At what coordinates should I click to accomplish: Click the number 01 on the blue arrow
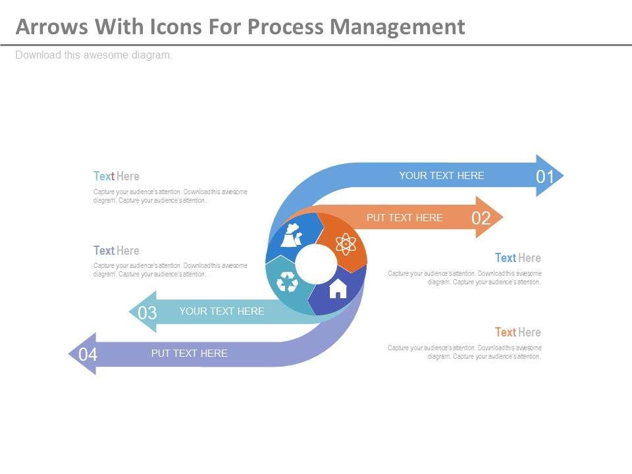pyautogui.click(x=545, y=176)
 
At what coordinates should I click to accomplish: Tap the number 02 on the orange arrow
pyautogui.click(x=481, y=218)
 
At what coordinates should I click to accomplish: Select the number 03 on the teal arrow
pyautogui.click(x=147, y=313)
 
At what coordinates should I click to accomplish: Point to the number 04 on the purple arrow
pyautogui.click(x=88, y=355)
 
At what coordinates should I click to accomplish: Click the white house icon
pyautogui.click(x=337, y=288)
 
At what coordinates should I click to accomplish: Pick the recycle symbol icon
pyautogui.click(x=287, y=282)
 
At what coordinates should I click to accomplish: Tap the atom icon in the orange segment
pyautogui.click(x=345, y=244)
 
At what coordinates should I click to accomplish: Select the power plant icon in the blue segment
pyautogui.click(x=292, y=236)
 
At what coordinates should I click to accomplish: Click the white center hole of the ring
pyautogui.click(x=315, y=264)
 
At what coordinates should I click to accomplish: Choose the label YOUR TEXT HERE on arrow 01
pyautogui.click(x=441, y=176)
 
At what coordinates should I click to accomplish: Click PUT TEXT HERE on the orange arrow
pyautogui.click(x=404, y=218)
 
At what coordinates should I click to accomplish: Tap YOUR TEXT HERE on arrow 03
pyautogui.click(x=222, y=311)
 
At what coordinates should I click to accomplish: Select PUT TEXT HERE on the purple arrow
pyautogui.click(x=189, y=354)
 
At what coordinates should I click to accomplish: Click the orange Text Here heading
pyautogui.click(x=517, y=332)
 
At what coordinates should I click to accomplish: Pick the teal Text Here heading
pyautogui.click(x=116, y=176)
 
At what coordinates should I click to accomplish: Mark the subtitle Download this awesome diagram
pyautogui.click(x=93, y=55)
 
